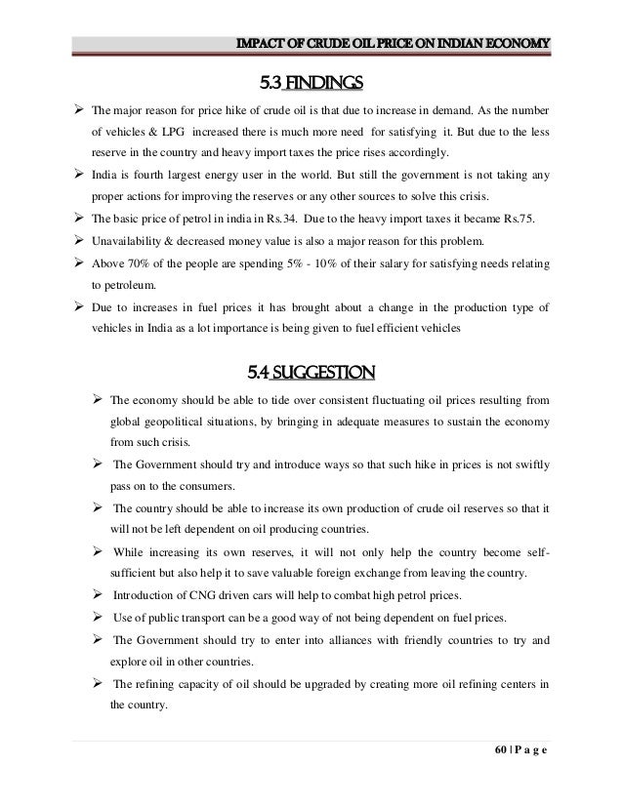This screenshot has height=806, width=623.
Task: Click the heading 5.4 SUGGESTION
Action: pos(311,370)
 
